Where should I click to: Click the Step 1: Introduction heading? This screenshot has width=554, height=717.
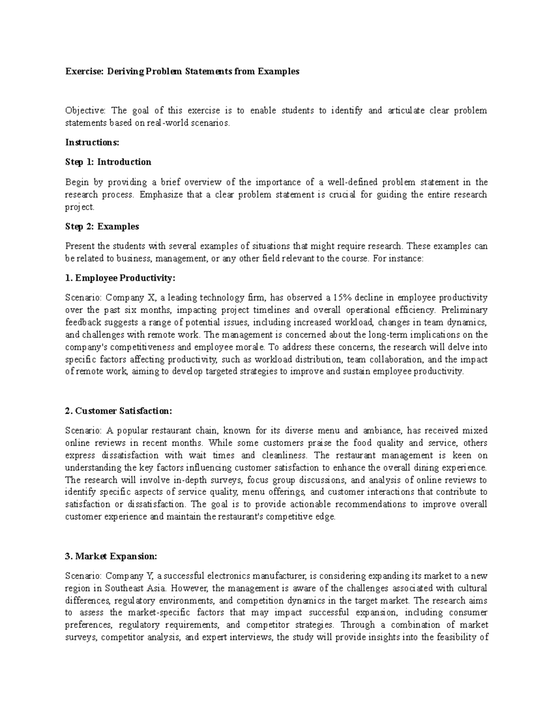click(x=108, y=162)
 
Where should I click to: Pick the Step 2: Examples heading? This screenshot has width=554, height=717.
click(x=102, y=227)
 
